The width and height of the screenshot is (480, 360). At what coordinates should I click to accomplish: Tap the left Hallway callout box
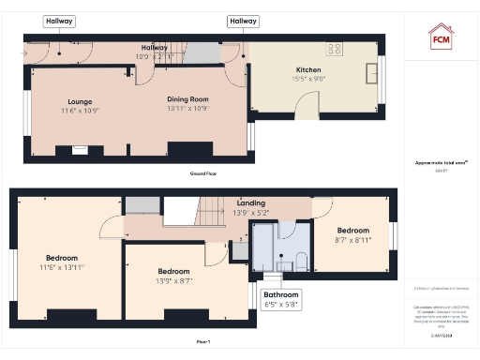click(60, 21)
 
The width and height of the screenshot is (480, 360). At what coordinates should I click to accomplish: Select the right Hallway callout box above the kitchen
click(244, 21)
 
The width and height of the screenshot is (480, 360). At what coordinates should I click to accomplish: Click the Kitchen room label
click(308, 70)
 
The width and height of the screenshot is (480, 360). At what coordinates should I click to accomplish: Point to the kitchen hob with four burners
click(334, 49)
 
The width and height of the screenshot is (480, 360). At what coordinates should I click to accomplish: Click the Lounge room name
click(79, 100)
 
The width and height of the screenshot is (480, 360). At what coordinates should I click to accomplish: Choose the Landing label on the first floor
click(250, 202)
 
